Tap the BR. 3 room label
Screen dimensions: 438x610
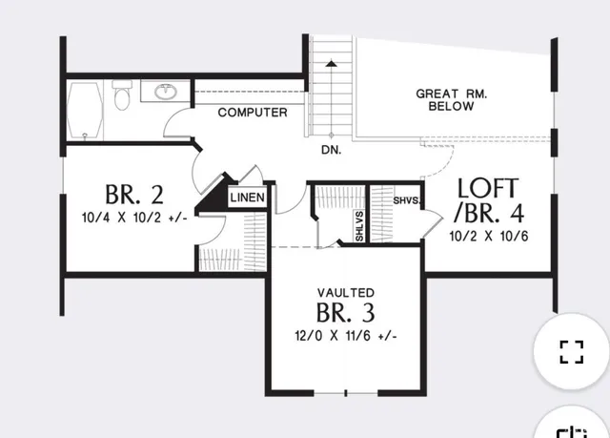(x=346, y=313)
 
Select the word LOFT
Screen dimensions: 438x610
(x=487, y=187)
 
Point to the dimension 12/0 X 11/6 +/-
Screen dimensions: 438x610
(x=346, y=336)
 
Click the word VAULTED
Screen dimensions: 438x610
(x=346, y=291)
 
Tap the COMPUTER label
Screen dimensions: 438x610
(x=253, y=113)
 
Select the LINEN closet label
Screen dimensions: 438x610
(x=248, y=198)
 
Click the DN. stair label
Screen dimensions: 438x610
(x=332, y=150)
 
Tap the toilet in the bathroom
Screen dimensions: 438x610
(x=121, y=95)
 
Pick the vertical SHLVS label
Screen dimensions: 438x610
(x=359, y=226)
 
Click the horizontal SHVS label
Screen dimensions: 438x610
(x=407, y=200)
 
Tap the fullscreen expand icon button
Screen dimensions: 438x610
(x=571, y=351)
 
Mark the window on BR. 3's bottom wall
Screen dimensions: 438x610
(x=345, y=393)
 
